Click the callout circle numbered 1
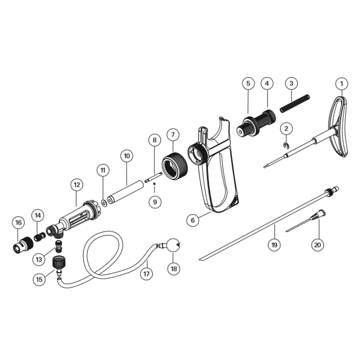tap(342, 84)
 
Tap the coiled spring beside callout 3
tap(295, 103)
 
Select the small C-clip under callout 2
tap(286, 144)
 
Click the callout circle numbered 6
tap(193, 220)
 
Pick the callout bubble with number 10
tap(126, 156)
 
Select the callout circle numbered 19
tap(274, 245)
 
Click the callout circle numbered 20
tap(318, 245)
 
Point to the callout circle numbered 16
tap(18, 222)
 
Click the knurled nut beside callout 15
tap(57, 261)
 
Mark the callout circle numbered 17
tap(146, 273)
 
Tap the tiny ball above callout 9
tap(154, 184)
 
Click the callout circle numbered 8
tap(154, 140)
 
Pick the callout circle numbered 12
tap(77, 184)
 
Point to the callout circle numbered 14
tap(38, 216)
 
